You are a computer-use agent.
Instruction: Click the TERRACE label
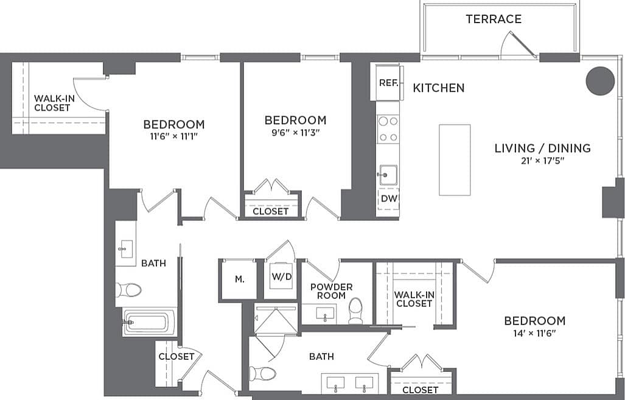click(494, 19)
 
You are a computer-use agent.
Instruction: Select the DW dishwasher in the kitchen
click(388, 198)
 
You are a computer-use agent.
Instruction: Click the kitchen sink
click(387, 175)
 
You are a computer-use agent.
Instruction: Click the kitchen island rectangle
click(455, 160)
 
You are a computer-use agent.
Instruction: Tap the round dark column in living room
click(600, 80)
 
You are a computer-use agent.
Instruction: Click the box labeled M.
click(239, 279)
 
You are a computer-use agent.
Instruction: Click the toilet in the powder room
click(355, 311)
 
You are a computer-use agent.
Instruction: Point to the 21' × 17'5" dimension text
click(542, 161)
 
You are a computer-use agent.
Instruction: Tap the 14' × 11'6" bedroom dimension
click(534, 334)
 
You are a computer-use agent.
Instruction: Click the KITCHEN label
click(438, 88)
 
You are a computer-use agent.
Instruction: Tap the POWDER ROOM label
click(331, 291)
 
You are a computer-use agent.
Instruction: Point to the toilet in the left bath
click(129, 289)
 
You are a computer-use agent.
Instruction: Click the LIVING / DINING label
click(542, 148)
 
